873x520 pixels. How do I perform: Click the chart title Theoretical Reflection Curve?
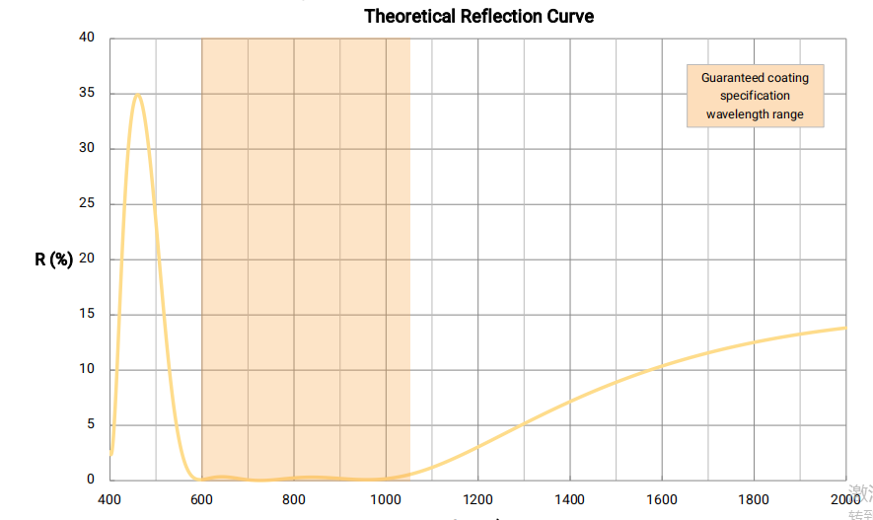[478, 16]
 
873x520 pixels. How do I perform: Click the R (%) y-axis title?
[54, 260]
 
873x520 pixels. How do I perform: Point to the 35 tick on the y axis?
[88, 94]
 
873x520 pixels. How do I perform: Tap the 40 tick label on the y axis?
[88, 38]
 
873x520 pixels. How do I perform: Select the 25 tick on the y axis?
[88, 204]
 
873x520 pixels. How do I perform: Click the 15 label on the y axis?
[88, 315]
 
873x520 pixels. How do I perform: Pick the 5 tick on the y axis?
[91, 425]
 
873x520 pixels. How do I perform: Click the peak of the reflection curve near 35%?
[137, 95]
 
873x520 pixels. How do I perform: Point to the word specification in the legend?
[755, 96]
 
